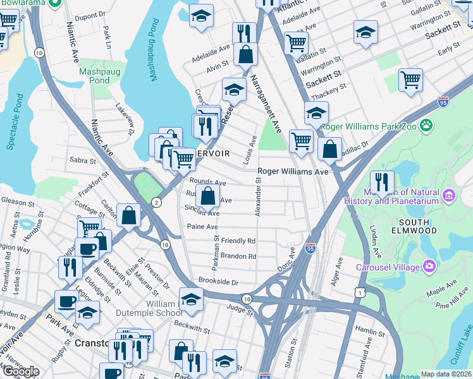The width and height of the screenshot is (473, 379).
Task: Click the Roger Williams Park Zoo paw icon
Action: [428, 125]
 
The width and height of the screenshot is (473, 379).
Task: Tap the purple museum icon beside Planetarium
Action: [450, 196]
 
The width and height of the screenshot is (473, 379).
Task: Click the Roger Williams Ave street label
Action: [293, 171]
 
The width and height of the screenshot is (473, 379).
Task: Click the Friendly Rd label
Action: [238, 241]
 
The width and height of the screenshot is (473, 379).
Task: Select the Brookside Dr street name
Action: [218, 282]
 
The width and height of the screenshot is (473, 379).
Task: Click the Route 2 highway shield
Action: [156, 202]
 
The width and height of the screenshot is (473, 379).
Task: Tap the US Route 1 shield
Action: [360, 292]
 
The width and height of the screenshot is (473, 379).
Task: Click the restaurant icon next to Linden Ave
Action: [382, 181]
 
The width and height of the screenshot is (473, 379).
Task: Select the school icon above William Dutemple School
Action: [191, 299]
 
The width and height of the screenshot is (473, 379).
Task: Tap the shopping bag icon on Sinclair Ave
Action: [207, 196]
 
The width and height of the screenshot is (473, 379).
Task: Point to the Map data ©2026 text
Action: [446, 374]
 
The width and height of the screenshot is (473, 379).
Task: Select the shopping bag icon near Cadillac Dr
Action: [330, 149]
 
